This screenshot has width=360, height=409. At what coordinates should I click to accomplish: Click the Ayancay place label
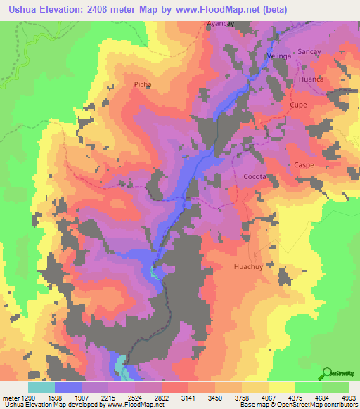[219, 23]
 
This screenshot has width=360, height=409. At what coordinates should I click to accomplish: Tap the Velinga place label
[279, 56]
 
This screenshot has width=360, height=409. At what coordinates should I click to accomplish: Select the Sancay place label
[309, 52]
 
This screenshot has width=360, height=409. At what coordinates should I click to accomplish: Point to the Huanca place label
[311, 79]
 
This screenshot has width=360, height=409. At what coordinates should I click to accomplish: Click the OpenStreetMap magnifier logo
[326, 372]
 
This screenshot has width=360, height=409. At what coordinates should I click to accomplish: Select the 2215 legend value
[108, 398]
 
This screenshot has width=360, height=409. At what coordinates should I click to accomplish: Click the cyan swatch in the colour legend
[41, 387]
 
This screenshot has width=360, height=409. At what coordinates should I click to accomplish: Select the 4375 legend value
[294, 398]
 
